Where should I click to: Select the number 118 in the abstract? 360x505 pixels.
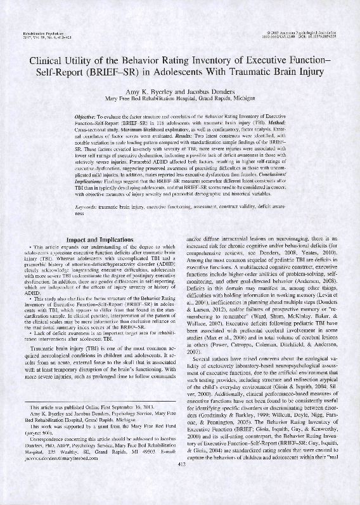click(176, 124)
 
